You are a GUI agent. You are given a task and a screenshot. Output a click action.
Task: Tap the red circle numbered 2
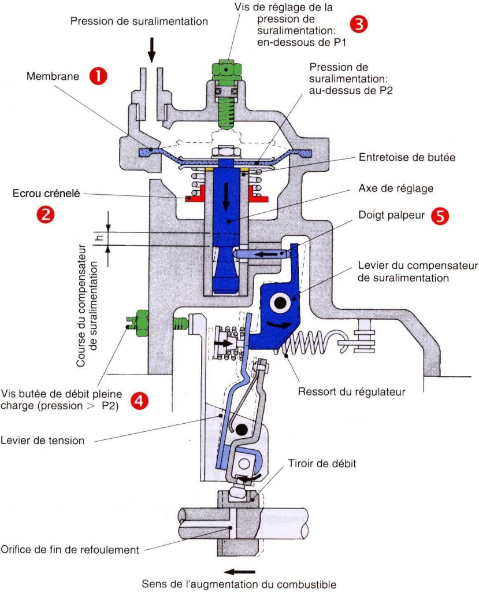coord(46,214)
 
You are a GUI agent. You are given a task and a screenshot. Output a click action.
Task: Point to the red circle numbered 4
coord(139,400)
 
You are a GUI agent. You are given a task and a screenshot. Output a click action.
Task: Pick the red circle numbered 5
coord(440,216)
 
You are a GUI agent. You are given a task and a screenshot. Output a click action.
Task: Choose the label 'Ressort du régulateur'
coord(351,391)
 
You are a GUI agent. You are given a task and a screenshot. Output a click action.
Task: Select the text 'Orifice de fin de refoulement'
coord(70,549)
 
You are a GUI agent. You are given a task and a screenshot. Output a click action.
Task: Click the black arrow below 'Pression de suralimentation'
coord(152,50)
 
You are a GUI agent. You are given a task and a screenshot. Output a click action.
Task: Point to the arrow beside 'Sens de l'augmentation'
coord(239,572)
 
